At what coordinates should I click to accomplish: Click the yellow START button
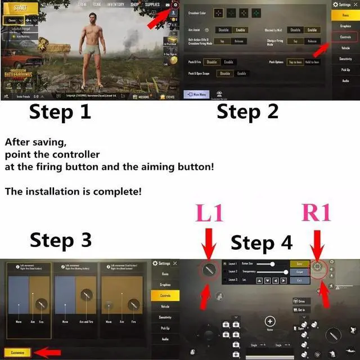(20, 8)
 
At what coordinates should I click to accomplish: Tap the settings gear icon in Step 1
(175, 5)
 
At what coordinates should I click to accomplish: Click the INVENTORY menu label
(115, 4)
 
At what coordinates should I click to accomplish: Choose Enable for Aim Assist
(240, 30)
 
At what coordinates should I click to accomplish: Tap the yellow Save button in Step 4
(300, 263)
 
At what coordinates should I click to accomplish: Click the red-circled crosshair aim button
(318, 268)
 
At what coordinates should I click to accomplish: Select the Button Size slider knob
(272, 263)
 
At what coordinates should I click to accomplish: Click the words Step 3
(60, 240)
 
